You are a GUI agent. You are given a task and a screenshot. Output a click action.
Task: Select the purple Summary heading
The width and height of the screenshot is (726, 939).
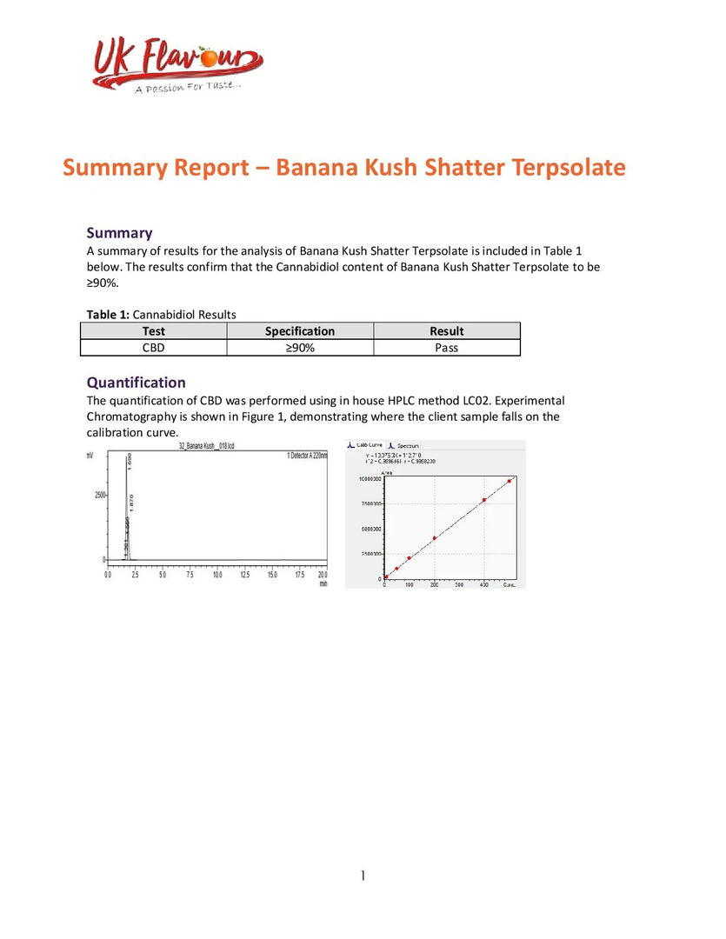119,232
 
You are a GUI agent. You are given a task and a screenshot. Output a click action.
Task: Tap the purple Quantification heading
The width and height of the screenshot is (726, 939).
136,383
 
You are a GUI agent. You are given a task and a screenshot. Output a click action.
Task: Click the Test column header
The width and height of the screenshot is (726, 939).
153,331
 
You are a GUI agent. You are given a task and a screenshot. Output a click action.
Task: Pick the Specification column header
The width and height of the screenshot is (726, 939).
300,331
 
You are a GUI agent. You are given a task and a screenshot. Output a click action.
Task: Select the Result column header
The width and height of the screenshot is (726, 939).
447,331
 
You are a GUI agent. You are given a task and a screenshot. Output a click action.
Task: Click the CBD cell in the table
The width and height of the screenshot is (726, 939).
153,348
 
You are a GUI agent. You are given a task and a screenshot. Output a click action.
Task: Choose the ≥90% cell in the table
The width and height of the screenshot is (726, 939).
300,348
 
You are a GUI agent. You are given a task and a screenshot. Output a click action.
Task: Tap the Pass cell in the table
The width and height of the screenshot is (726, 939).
447,348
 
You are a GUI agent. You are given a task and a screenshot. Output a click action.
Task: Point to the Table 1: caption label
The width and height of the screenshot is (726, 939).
109,315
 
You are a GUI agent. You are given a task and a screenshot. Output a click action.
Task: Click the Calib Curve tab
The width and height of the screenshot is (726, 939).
368,445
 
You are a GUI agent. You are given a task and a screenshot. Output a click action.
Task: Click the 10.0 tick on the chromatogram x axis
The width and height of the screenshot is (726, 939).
217,576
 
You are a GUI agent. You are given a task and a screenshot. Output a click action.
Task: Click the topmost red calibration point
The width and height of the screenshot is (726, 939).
510,481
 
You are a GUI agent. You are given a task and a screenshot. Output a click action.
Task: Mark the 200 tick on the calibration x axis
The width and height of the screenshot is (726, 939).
434,586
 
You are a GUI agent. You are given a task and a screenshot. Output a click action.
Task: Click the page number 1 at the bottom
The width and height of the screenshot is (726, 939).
363,876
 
